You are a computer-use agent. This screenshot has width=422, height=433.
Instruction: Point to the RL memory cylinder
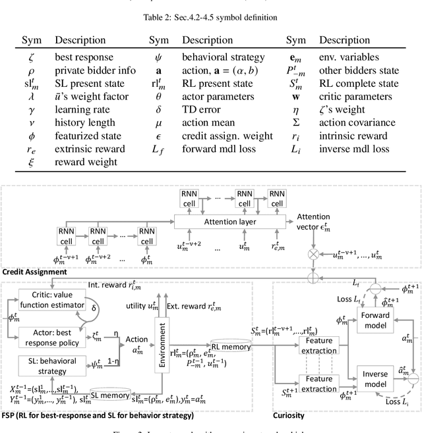coord(229,347)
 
